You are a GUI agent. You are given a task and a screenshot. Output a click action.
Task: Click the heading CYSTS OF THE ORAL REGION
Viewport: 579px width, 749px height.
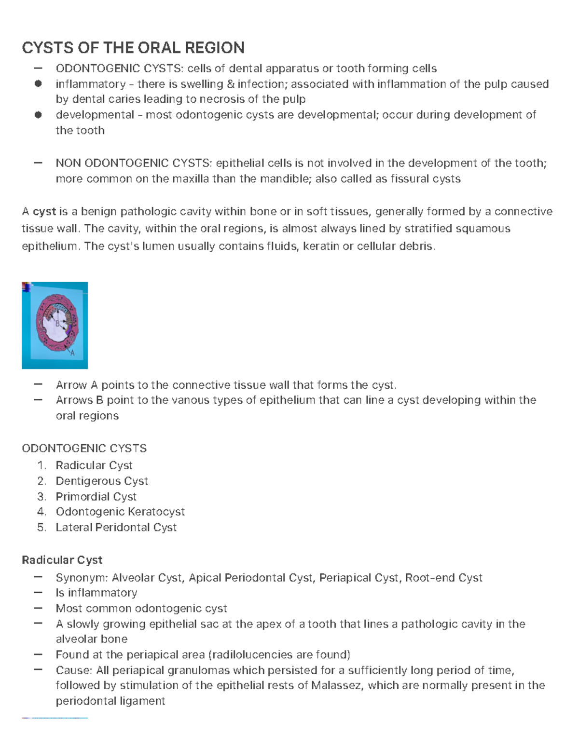tap(133, 48)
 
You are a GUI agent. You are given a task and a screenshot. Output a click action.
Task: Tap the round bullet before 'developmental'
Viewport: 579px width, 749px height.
tap(38, 115)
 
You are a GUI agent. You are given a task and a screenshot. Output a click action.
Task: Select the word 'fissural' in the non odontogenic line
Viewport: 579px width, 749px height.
tap(410, 179)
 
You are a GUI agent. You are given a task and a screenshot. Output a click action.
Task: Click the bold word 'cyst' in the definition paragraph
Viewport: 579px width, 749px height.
tap(44, 212)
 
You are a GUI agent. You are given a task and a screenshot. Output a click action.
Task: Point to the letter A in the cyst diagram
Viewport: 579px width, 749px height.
tap(73, 353)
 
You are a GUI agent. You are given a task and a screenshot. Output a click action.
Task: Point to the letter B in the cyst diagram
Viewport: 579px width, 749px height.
tap(57, 324)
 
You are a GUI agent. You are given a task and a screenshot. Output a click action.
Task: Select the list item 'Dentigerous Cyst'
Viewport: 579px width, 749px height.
tap(102, 481)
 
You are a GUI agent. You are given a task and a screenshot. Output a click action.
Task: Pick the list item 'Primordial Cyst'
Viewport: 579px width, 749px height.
tap(96, 496)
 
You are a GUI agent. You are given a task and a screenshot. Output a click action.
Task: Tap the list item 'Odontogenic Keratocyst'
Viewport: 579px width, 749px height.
tap(120, 511)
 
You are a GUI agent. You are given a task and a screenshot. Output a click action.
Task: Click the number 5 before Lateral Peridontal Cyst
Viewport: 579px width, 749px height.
tap(41, 527)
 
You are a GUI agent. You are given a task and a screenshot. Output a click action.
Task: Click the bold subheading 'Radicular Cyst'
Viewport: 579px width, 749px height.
tap(62, 560)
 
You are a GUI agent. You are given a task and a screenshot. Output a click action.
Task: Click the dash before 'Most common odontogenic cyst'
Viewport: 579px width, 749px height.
tap(38, 608)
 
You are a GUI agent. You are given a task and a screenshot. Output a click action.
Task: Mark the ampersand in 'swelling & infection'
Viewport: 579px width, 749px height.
tap(230, 84)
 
